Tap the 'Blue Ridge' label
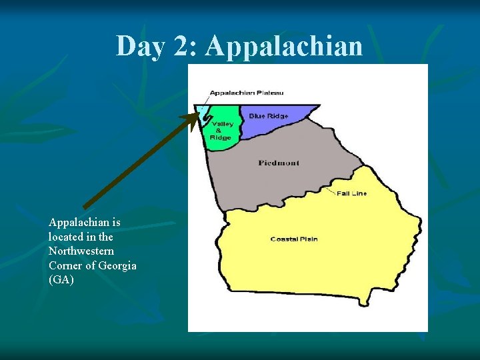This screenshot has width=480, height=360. coord(269,116)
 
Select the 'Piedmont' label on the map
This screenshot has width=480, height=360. coord(279,163)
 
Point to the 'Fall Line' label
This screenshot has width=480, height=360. coord(351,193)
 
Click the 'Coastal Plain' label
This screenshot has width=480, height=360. coord(293,239)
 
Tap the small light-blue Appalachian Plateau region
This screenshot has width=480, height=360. coord(200,111)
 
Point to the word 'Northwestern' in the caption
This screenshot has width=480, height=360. coord(81,251)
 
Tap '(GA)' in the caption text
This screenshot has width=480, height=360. coord(61,280)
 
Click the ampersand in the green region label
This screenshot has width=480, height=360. coord(220,131)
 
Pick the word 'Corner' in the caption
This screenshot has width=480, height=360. coord(66,265)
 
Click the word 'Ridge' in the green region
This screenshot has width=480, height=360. coord(221,137)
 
